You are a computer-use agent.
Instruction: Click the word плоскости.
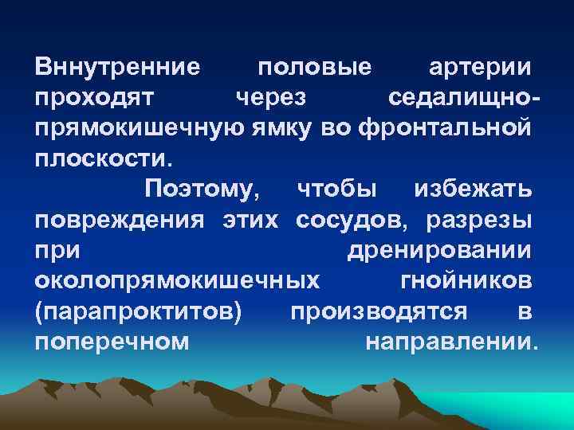click(103, 158)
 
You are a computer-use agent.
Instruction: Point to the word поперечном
click(112, 342)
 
